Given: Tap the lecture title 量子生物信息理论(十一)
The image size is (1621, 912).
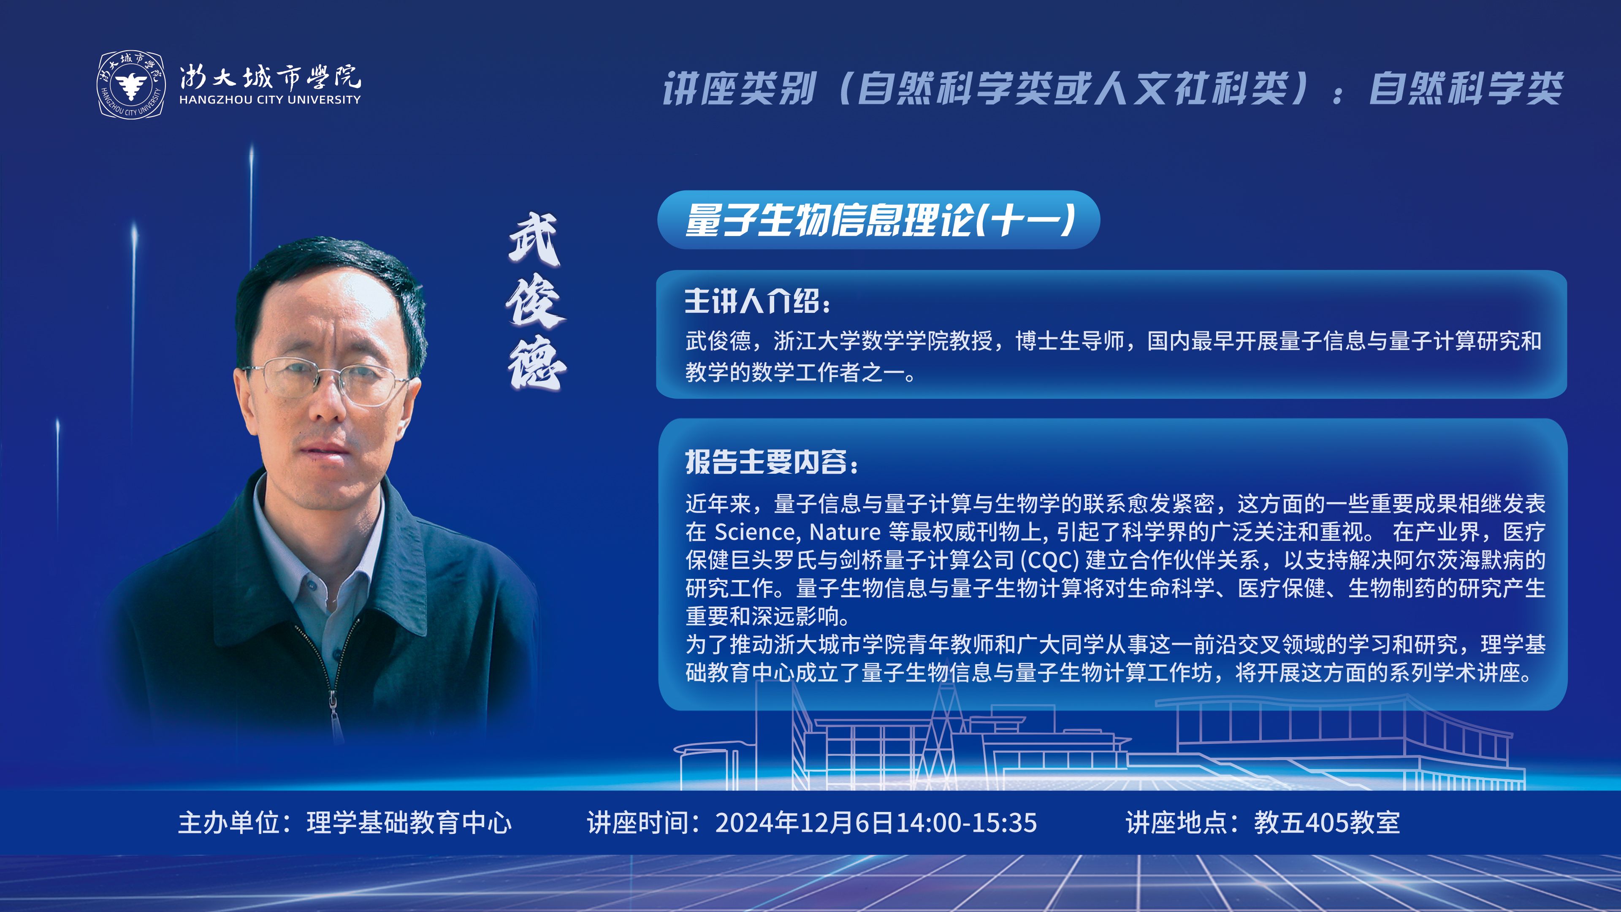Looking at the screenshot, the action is pos(880,220).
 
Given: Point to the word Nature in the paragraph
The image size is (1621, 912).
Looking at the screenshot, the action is pos(844,532).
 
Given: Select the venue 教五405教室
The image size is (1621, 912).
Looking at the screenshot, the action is pos(1327,822).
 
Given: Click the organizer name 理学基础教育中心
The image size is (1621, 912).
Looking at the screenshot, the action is pos(409,822).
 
